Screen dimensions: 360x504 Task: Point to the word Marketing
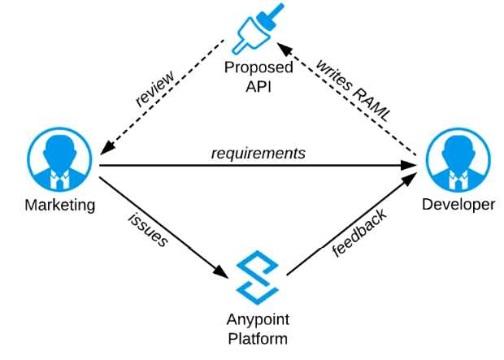tap(59, 205)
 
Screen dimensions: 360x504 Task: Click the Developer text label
tap(458, 205)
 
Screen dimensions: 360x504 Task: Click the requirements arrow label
tap(259, 153)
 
